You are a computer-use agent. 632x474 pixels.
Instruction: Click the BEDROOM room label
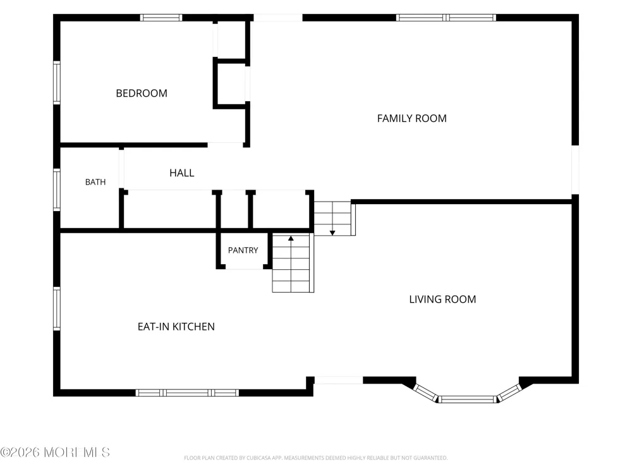[x=142, y=94]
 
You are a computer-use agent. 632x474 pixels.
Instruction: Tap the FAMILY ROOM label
[x=411, y=119]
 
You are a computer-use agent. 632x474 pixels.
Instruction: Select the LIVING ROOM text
[x=442, y=300]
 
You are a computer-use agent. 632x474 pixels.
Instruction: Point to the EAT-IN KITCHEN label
[x=176, y=327]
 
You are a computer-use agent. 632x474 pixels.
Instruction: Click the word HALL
[x=182, y=173]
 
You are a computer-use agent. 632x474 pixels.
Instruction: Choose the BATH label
[x=95, y=182]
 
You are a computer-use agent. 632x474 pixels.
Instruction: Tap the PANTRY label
[x=243, y=250]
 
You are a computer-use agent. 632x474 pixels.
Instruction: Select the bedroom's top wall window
[x=161, y=18]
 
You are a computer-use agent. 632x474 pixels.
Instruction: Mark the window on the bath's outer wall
[x=57, y=190]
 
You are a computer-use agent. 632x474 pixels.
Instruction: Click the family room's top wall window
[x=446, y=18]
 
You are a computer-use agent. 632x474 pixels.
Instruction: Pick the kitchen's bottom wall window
[x=187, y=393]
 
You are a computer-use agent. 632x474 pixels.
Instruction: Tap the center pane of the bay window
[x=468, y=399]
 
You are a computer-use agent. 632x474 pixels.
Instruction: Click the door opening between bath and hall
[x=121, y=169]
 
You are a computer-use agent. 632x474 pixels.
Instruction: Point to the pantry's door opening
[x=244, y=267]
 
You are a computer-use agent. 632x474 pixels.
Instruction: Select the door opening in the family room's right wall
[x=576, y=169]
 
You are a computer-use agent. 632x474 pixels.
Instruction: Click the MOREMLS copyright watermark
[x=55, y=453]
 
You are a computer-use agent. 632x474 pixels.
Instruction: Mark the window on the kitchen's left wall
[x=57, y=309]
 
